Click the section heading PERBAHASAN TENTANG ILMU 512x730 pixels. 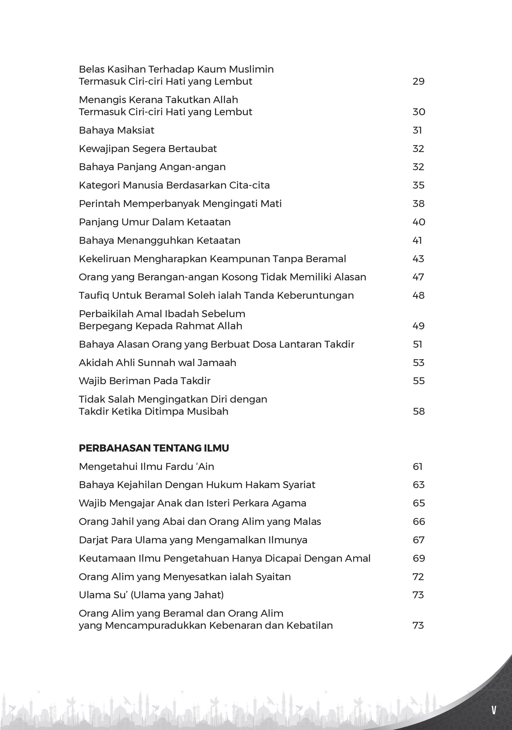[x=154, y=448]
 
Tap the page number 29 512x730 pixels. [x=418, y=82]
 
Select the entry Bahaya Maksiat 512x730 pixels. [x=117, y=130]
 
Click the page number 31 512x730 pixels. [x=417, y=130]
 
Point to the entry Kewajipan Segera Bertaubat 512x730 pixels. [x=148, y=149]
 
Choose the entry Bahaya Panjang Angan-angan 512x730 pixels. [x=152, y=167]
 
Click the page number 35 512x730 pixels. [x=418, y=185]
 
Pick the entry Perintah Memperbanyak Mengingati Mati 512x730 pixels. [x=180, y=204]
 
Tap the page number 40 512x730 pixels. [x=419, y=222]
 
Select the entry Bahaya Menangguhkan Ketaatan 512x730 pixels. [x=160, y=240]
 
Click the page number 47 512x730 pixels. [x=418, y=277]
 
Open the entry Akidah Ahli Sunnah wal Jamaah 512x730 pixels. [x=157, y=363]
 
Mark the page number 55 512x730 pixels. [x=419, y=381]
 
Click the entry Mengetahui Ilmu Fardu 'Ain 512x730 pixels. [x=146, y=467]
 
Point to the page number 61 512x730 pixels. [x=418, y=467]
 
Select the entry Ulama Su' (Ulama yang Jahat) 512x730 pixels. [x=151, y=595]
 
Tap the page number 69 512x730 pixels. [x=419, y=558]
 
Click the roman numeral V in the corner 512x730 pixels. [x=493, y=710]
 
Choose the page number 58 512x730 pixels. [x=419, y=412]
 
